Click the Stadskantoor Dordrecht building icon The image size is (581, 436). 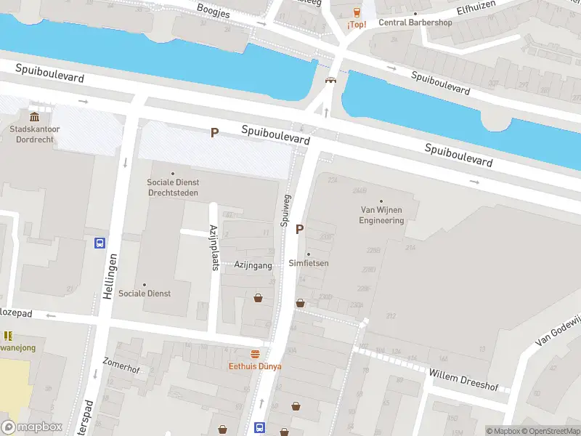(x=34, y=117)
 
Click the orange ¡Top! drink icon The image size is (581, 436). (x=357, y=12)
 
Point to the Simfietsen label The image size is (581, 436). (x=308, y=263)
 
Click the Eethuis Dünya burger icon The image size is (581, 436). (x=255, y=355)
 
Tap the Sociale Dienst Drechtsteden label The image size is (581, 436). (x=173, y=187)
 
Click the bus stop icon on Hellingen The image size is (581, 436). (x=99, y=243)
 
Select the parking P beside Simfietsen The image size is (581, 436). (x=299, y=229)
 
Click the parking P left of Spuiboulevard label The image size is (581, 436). (x=214, y=132)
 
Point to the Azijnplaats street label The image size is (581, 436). (x=214, y=247)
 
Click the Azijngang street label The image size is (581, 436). (x=253, y=266)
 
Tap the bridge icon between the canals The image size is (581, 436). (x=331, y=81)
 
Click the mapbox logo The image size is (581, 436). (x=31, y=427)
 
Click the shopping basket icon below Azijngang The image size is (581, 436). (x=258, y=297)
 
